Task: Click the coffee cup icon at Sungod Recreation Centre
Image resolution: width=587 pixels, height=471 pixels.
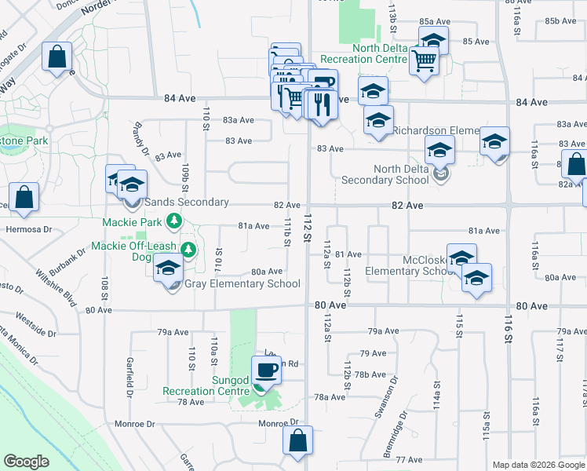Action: click(266, 368)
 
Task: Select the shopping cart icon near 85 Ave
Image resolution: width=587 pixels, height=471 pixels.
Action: click(424, 59)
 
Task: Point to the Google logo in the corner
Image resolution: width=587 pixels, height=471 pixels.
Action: click(27, 461)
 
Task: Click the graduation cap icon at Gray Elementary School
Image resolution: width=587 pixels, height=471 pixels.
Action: click(168, 267)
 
